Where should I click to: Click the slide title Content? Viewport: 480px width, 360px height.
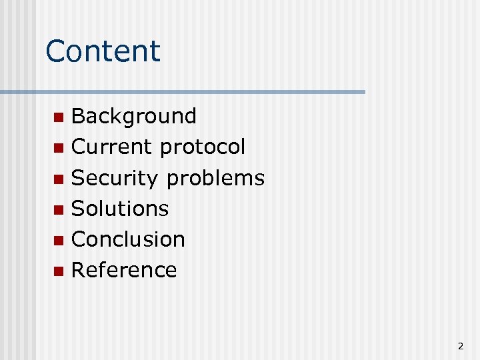click(x=103, y=51)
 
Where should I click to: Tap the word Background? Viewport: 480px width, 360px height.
click(x=133, y=116)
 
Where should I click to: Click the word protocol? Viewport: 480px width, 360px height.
click(x=203, y=147)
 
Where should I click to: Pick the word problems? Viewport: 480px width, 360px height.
click(x=215, y=178)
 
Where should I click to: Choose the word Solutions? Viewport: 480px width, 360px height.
click(x=120, y=209)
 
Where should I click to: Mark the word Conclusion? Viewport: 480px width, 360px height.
click(x=128, y=239)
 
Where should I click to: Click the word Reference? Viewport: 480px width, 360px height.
click(x=124, y=270)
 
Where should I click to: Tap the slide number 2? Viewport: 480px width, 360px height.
click(x=461, y=346)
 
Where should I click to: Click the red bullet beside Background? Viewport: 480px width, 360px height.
click(x=59, y=118)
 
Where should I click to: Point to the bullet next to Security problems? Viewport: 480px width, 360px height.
click(x=59, y=179)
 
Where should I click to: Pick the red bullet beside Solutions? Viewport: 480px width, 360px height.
click(x=59, y=210)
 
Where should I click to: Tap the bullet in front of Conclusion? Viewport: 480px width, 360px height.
click(x=59, y=241)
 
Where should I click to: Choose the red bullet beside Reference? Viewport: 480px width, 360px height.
click(x=59, y=271)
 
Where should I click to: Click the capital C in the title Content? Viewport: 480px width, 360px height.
click(x=56, y=51)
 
